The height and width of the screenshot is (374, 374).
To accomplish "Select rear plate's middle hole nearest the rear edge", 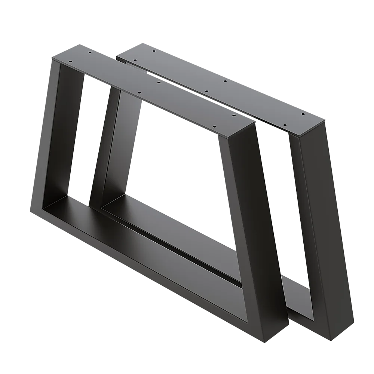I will pos(225,81).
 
